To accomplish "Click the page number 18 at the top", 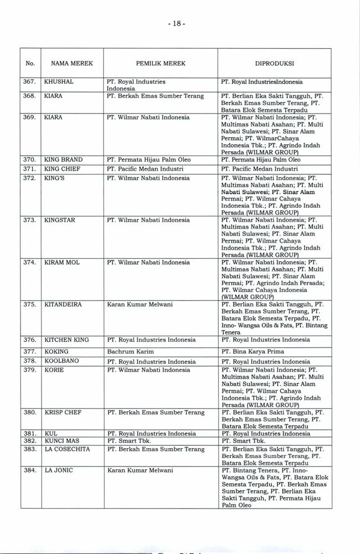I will tap(180, 24).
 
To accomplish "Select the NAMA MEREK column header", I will tap(68, 64).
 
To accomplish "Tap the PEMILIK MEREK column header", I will tap(161, 64).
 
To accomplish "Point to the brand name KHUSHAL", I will tap(59, 82).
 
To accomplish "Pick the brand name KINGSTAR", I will tap(60, 220).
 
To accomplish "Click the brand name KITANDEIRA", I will tap(64, 304).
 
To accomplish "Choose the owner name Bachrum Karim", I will tap(130, 352).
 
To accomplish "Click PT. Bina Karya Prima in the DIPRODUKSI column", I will tap(253, 352).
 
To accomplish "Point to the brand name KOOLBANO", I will tap(61, 361).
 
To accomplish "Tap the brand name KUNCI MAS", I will tap(61, 441).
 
